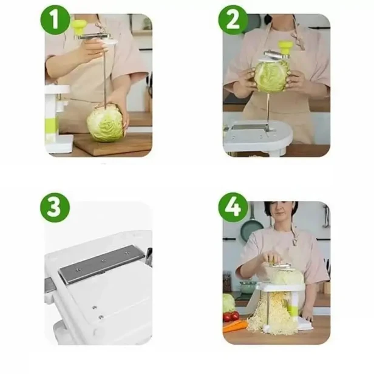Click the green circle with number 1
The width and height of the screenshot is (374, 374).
(55, 20)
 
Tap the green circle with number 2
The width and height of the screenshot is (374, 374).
(233, 20)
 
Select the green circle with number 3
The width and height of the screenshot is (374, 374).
(55, 208)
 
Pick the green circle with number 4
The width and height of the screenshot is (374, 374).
(233, 208)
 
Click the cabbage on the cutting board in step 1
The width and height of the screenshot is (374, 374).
(106, 123)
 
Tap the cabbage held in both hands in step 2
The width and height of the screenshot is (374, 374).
(271, 76)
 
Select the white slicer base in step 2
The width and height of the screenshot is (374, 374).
(257, 137)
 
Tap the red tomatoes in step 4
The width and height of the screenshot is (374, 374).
(231, 317)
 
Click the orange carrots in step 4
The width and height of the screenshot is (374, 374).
(235, 326)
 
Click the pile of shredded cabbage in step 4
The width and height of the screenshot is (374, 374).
(272, 313)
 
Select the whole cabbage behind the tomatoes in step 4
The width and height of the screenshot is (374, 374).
(229, 303)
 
